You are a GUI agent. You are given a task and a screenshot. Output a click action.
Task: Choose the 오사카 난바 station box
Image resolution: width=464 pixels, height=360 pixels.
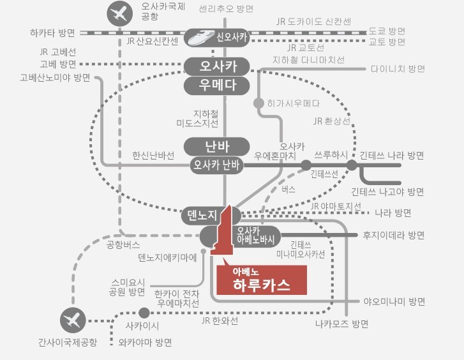(x=215, y=165)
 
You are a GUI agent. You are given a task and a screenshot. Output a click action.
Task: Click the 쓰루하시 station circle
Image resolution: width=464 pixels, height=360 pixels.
(x=306, y=165)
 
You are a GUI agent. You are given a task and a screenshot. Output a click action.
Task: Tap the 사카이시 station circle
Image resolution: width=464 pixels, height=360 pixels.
(x=144, y=313)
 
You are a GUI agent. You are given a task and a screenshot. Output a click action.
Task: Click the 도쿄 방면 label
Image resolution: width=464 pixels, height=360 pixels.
(x=387, y=31)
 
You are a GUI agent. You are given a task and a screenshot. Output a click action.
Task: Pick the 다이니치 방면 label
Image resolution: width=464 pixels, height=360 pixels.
(x=397, y=68)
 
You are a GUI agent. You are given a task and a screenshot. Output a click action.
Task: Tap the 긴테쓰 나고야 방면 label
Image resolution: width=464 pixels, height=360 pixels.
(x=387, y=191)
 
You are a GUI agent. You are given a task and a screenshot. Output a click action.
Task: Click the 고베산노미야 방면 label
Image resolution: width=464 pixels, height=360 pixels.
(x=55, y=78)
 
